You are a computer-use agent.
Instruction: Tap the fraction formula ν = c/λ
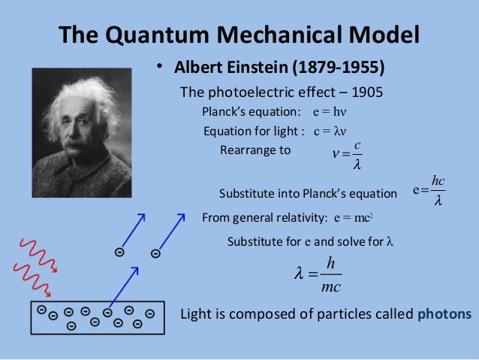tap(348, 154)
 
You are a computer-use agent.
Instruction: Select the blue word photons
tap(444, 313)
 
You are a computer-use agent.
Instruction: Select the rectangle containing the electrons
tap(98, 318)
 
